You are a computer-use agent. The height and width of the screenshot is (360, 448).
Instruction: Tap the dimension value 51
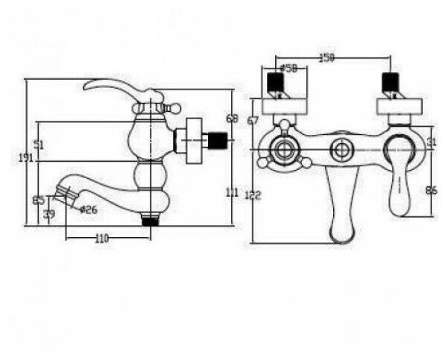[x=39, y=145]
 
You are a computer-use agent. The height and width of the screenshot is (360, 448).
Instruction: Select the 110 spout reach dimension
[x=102, y=239]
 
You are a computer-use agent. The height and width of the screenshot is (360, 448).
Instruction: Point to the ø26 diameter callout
[x=89, y=209]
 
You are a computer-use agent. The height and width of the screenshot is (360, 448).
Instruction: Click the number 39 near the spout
[x=49, y=215]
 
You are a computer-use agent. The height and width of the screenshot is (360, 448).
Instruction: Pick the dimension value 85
[x=39, y=200]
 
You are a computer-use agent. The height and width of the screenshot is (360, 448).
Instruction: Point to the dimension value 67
[x=253, y=121]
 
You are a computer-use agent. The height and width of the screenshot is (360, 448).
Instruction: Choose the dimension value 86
[x=431, y=191]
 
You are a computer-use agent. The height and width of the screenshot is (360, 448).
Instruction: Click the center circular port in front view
[x=342, y=149]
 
